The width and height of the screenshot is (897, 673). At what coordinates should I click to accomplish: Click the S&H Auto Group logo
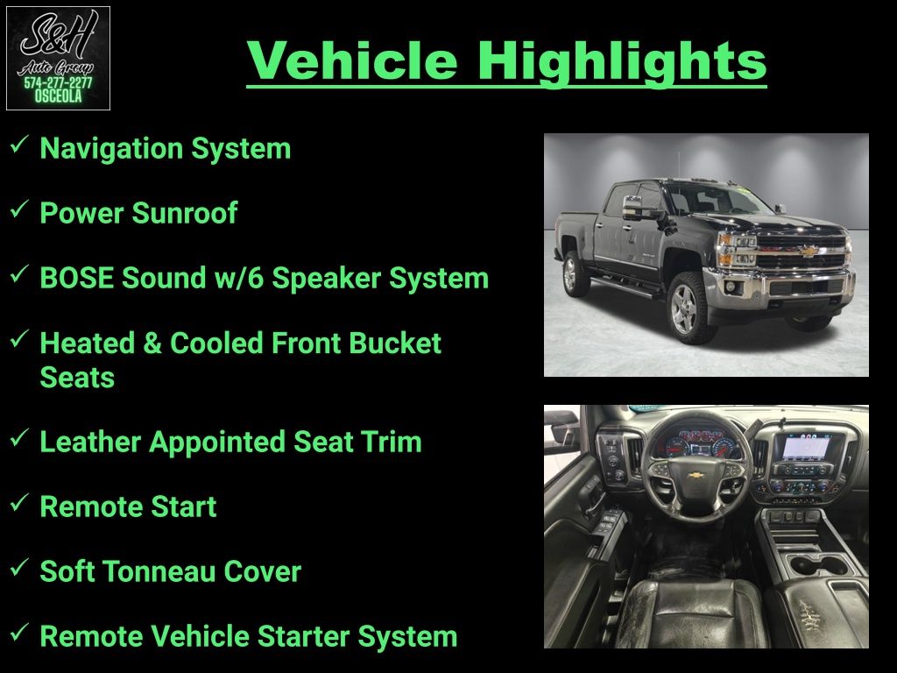[x=58, y=58]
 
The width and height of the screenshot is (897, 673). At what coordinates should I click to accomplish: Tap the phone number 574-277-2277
[x=58, y=82]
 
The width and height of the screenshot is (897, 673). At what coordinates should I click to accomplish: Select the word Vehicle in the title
[x=352, y=60]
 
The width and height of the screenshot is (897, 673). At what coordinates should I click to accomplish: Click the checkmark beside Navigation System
[x=19, y=145]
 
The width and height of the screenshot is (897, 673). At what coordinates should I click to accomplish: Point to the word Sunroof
[x=185, y=213]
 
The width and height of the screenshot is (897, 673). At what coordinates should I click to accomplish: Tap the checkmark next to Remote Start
[x=19, y=502]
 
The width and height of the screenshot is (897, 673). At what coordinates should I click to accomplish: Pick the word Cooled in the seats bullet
[x=217, y=343]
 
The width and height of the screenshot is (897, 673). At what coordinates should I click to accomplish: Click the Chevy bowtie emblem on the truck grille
[x=808, y=251]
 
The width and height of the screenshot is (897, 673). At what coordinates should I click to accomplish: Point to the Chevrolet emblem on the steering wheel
[x=695, y=474]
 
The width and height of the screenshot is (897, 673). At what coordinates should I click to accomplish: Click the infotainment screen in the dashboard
[x=807, y=446]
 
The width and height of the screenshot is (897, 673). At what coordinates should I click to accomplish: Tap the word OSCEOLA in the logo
[x=58, y=96]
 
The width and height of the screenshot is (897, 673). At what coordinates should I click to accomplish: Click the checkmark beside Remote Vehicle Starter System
[x=19, y=633]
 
